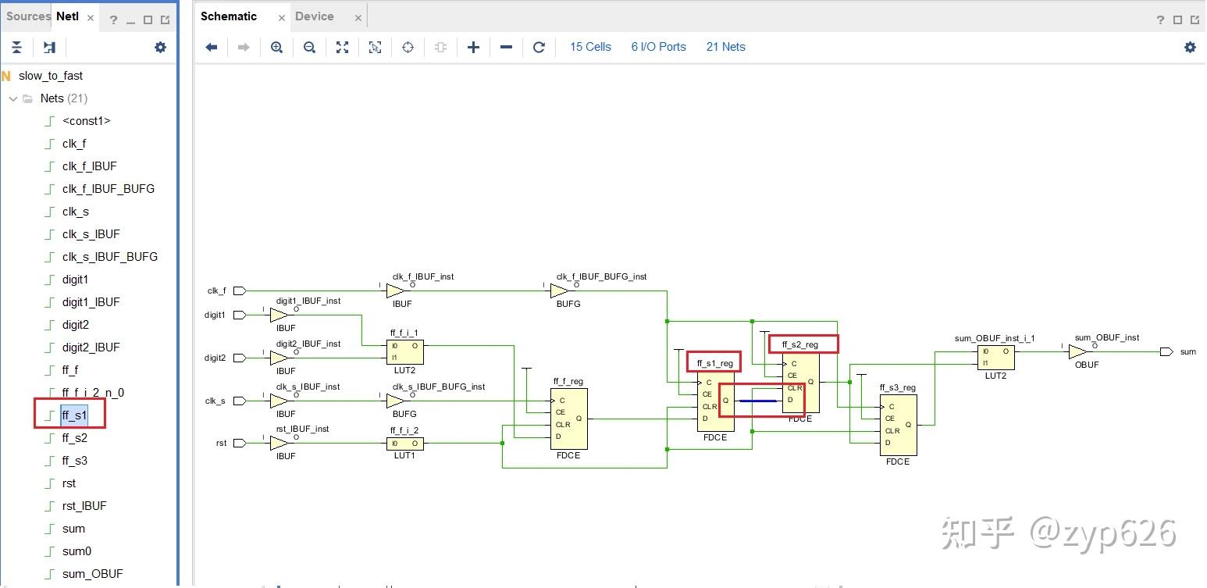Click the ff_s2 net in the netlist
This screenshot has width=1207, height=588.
click(x=74, y=437)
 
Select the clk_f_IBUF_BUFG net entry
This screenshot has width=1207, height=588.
click(x=109, y=189)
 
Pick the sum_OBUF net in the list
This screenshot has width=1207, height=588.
click(x=92, y=573)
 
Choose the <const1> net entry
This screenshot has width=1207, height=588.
click(x=86, y=121)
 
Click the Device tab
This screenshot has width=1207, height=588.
click(x=314, y=16)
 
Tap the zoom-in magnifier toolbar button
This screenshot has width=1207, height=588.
click(x=276, y=48)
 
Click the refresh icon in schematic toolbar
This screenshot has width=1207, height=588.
click(x=538, y=48)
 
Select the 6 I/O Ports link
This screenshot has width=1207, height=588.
click(x=658, y=47)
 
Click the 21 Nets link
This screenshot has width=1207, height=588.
click(x=725, y=47)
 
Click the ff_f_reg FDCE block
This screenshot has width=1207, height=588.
click(x=569, y=419)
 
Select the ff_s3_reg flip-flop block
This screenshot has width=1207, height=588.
click(x=899, y=425)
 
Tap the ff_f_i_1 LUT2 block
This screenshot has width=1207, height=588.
click(x=404, y=352)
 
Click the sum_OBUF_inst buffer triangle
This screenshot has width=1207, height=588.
click(x=1077, y=352)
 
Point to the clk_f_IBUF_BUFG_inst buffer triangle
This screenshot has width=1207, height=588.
click(x=559, y=291)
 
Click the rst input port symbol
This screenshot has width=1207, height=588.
click(x=240, y=443)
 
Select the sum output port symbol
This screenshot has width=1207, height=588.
click(x=1166, y=352)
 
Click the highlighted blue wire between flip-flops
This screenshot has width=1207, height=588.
click(x=758, y=401)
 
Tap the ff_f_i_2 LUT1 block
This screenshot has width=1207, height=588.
click(x=404, y=444)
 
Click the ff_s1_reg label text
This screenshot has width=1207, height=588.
click(x=714, y=363)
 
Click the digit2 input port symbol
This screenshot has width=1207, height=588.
click(x=240, y=358)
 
